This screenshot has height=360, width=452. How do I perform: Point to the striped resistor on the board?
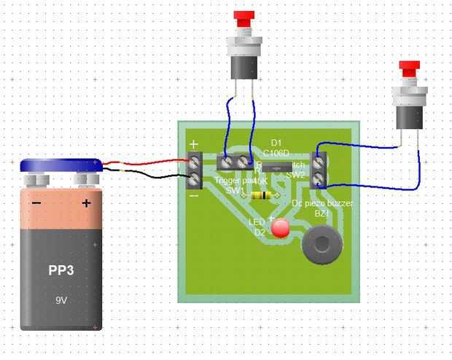260,195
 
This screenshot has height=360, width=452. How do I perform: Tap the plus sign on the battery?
85,203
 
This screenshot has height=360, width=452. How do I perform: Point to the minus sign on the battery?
36,203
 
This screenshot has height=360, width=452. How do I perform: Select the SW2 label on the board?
295,175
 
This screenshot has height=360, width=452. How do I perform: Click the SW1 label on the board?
234,189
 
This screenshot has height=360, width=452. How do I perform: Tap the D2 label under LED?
260,232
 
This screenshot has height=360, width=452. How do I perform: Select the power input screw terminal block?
195,169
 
